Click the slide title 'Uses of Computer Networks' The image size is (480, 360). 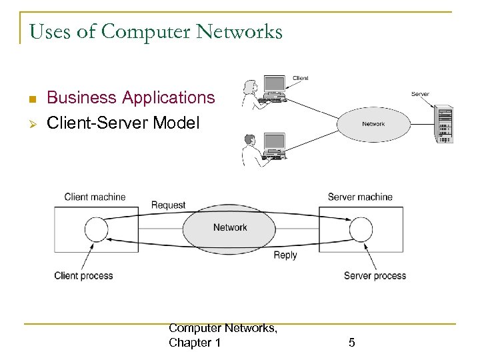(156, 31)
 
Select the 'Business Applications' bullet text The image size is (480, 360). (131, 97)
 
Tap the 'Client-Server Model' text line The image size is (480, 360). (123, 123)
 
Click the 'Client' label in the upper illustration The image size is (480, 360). (300, 78)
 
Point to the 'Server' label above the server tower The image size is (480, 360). (420, 95)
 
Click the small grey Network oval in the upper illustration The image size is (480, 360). (373, 124)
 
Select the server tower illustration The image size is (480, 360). (443, 123)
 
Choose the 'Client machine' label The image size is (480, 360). (95, 197)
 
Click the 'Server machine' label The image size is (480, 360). (360, 197)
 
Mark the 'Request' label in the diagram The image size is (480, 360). (168, 205)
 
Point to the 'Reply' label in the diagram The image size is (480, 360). (285, 255)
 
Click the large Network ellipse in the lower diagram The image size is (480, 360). (230, 228)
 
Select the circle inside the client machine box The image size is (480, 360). (97, 230)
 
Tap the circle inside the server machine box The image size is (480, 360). (361, 230)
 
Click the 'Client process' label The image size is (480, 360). (83, 275)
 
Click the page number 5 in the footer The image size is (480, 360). (352, 343)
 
